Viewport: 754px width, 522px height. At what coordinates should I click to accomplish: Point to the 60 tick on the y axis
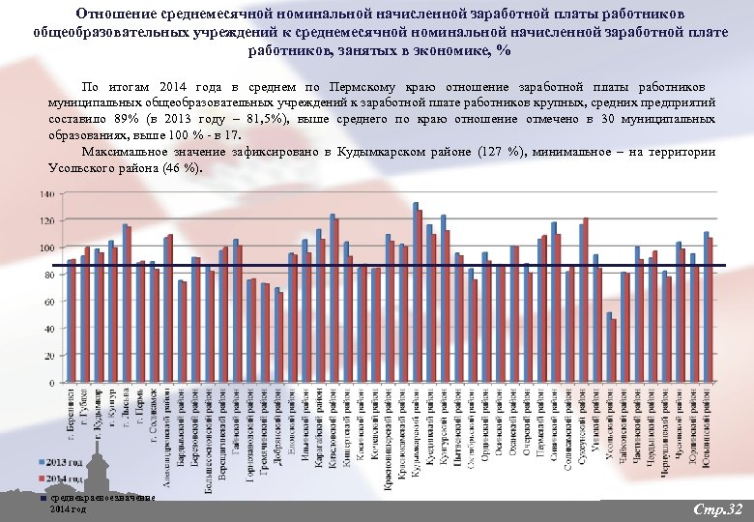click(49, 302)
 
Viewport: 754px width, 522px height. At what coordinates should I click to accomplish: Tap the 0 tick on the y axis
click(52, 383)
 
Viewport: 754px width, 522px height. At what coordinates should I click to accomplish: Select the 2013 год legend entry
click(60, 459)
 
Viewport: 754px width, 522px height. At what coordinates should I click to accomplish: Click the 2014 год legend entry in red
click(60, 478)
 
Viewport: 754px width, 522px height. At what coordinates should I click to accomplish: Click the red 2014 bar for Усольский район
click(614, 351)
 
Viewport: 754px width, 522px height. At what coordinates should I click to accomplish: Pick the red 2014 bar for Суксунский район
click(586, 301)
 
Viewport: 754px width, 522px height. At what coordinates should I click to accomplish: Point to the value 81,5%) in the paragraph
click(275, 120)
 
